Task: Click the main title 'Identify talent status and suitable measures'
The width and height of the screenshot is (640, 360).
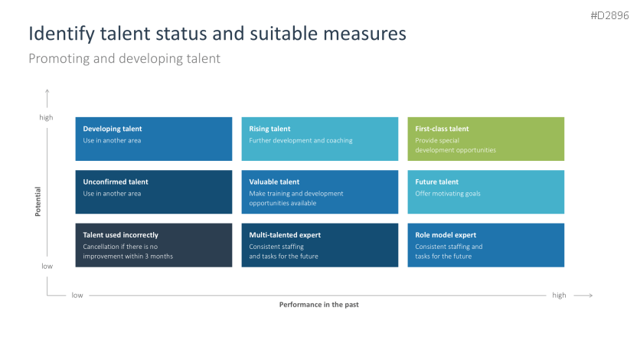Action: click(217, 34)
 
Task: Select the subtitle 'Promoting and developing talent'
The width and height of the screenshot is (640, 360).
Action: click(124, 58)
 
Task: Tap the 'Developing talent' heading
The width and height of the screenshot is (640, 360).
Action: click(113, 129)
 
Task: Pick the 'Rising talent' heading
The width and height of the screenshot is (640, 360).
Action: click(269, 129)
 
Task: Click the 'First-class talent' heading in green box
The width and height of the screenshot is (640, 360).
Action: click(442, 129)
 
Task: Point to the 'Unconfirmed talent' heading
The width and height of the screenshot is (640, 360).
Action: click(116, 182)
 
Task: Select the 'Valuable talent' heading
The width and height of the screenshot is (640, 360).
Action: click(274, 182)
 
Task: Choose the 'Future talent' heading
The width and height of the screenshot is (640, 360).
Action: click(437, 182)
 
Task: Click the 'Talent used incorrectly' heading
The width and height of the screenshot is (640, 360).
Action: click(121, 235)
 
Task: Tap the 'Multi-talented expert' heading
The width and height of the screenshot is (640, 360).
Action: click(285, 235)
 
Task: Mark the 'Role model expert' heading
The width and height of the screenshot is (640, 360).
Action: click(446, 235)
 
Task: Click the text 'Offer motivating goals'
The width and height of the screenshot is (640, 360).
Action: click(448, 194)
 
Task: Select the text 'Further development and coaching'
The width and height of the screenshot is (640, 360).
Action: click(295, 140)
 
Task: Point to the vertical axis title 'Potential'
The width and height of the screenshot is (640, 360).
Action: click(38, 201)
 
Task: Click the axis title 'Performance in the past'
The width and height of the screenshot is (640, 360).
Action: click(318, 304)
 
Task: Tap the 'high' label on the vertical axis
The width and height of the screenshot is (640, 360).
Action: click(47, 117)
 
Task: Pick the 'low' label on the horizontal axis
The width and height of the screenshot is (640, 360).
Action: click(77, 295)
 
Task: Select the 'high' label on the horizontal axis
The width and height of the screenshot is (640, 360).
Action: click(559, 295)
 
